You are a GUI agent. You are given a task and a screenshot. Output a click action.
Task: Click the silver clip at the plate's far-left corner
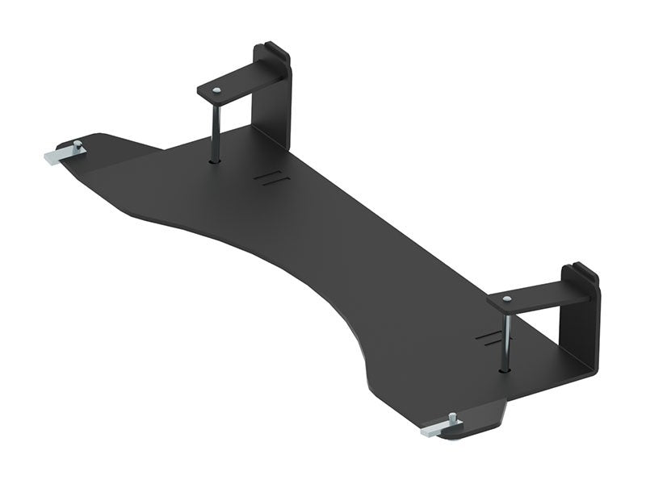pos(61,154)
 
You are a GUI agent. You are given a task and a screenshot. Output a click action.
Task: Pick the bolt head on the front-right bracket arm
pos(505,298)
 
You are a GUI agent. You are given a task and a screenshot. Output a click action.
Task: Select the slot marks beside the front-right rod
pos(487,336)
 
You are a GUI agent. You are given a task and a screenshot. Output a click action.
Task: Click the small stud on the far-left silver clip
pos(78,145)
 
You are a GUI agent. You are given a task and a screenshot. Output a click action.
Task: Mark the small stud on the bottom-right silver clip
pos(452,417)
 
